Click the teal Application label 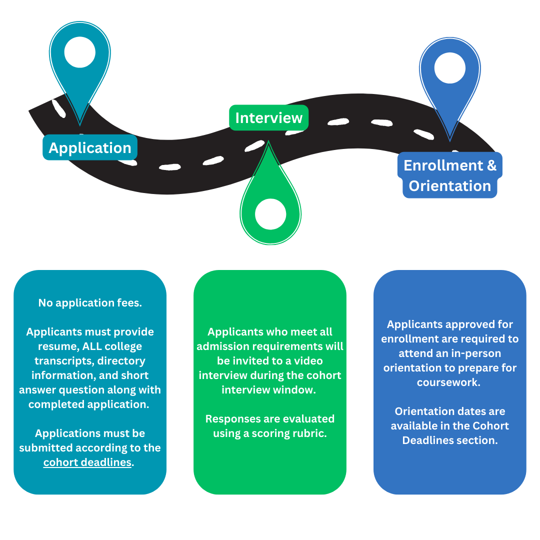(90, 147)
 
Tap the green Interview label (269, 118)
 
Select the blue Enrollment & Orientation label (450, 175)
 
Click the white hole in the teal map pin (80, 52)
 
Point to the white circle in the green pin (270, 214)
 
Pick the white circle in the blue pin (450, 68)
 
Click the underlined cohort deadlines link (87, 462)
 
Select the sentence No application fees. (90, 302)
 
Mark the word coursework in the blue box (450, 382)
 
